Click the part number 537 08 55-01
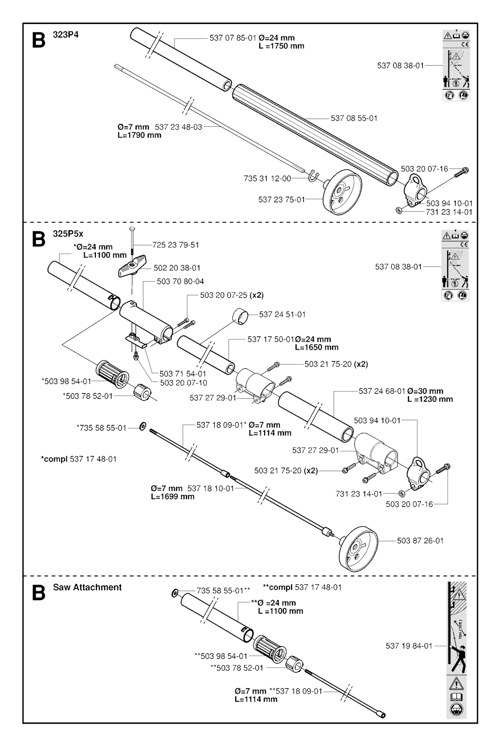tap(354, 118)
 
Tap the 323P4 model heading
tap(66, 35)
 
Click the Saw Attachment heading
tap(87, 587)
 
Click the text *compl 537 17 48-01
tap(79, 459)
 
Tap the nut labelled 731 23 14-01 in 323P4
tap(399, 211)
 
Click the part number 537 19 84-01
tap(409, 646)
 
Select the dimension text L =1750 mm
tap(281, 46)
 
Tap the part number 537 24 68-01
tap(382, 391)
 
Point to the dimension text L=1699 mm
tap(173, 496)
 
